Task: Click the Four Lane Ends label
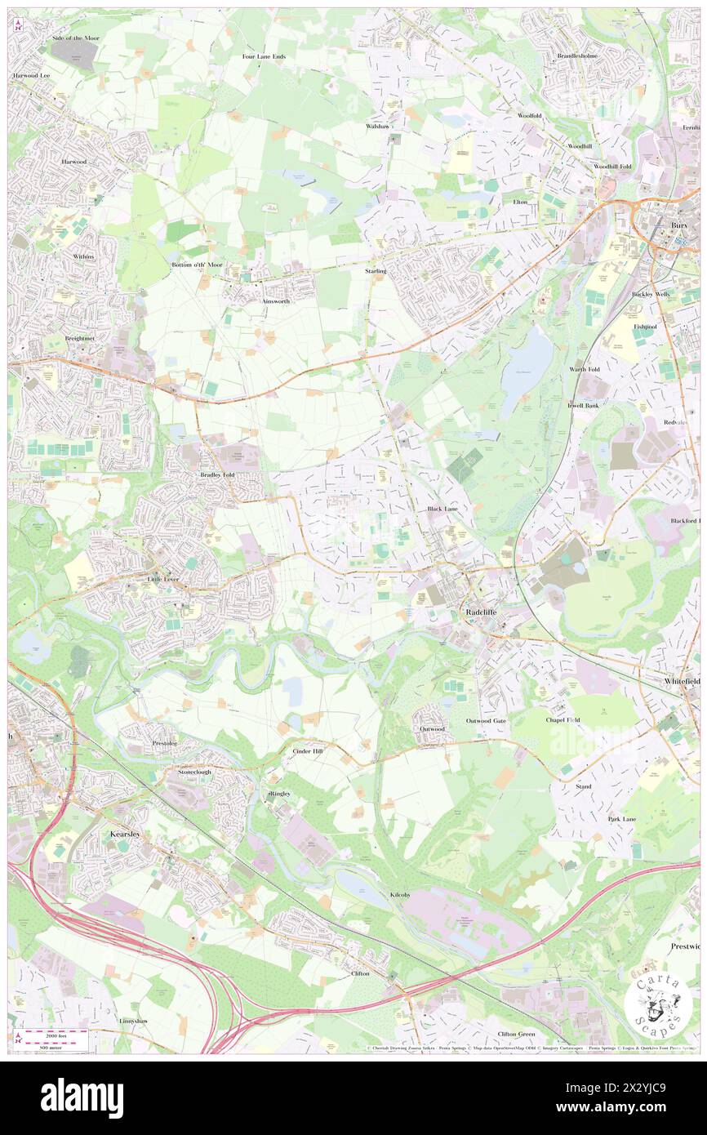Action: [264, 56]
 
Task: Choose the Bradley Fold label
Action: [218, 474]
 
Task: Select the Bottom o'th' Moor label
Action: [197, 265]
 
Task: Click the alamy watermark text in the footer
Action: [82, 1098]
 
